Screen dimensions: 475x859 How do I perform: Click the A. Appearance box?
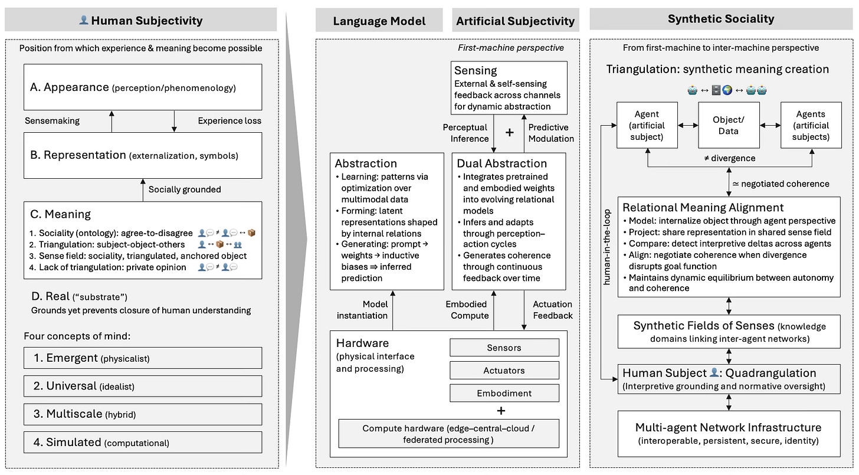pyautogui.click(x=143, y=87)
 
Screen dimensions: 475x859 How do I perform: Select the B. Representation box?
pyautogui.click(x=143, y=155)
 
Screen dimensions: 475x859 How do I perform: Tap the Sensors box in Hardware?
pyautogui.click(x=504, y=348)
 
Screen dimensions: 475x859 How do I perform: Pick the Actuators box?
pyautogui.click(x=504, y=371)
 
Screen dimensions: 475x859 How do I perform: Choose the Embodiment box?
pyautogui.click(x=504, y=393)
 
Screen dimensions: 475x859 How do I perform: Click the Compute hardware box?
pyautogui.click(x=448, y=434)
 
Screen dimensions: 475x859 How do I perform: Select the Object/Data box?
pyautogui.click(x=728, y=125)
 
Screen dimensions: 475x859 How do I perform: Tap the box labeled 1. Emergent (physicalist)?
pyautogui.click(x=143, y=358)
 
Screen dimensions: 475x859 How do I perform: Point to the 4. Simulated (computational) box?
pyautogui.click(x=143, y=443)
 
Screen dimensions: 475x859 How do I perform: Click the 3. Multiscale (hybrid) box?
pyautogui.click(x=143, y=414)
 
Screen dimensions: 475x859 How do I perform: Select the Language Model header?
pyautogui.click(x=379, y=21)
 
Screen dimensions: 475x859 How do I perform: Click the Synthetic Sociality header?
pyautogui.click(x=720, y=19)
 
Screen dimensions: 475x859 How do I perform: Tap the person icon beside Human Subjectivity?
pyautogui.click(x=84, y=21)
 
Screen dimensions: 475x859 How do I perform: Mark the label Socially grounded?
pyautogui.click(x=185, y=189)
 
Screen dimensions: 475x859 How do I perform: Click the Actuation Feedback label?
pyautogui.click(x=553, y=310)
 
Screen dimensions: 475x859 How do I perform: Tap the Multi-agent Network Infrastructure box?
pyautogui.click(x=728, y=434)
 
